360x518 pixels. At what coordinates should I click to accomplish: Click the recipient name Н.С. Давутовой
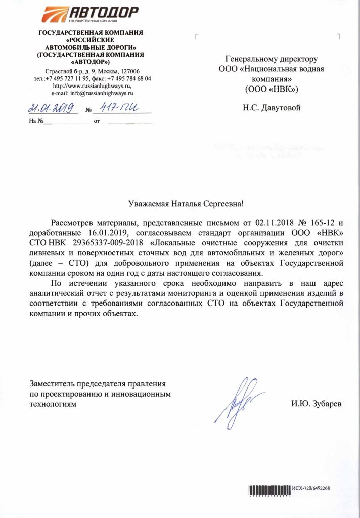coord(272,108)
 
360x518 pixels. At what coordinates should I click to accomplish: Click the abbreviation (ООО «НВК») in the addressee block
coord(272,89)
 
